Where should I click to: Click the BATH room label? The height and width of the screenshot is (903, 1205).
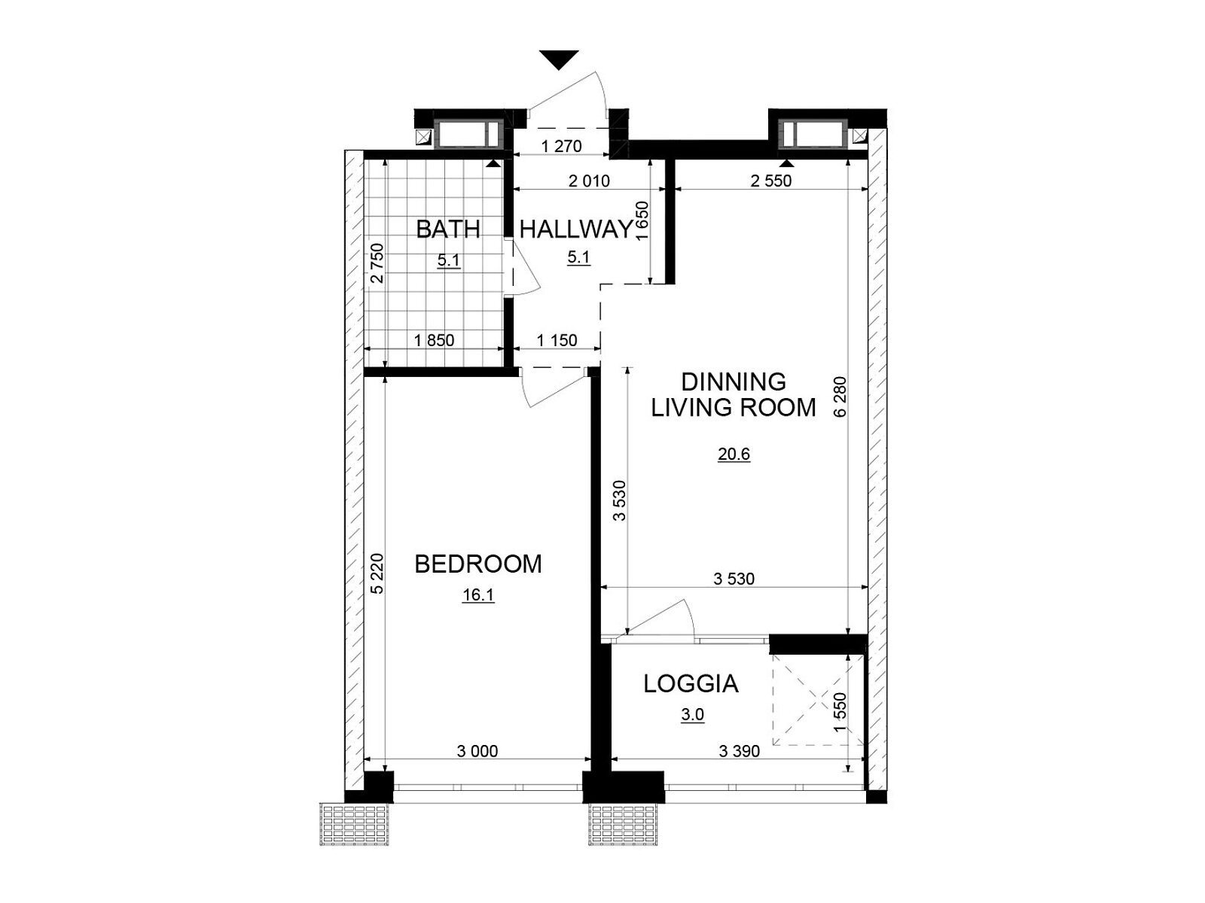[x=448, y=230]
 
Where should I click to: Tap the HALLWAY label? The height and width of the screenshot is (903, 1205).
[x=576, y=230]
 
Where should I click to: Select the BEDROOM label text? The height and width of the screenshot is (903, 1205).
[x=477, y=564]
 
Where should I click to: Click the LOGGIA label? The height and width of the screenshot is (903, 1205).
[x=691, y=684]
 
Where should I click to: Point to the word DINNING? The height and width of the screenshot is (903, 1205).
[x=734, y=382]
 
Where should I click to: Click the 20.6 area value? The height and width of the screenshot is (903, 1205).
[x=734, y=455]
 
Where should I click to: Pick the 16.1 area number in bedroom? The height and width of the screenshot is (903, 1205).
[x=478, y=595]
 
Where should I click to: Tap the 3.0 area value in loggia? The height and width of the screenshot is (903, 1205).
[x=692, y=715]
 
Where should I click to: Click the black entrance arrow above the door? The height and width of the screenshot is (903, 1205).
[x=559, y=59]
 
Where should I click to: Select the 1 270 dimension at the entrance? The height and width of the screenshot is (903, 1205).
[x=561, y=147]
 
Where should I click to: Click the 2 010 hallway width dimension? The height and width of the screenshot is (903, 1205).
[x=589, y=181]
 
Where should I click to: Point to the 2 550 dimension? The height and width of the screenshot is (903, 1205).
[x=771, y=181]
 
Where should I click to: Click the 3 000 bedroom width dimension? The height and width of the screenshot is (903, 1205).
[x=477, y=750]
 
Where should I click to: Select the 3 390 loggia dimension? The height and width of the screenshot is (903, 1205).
[x=740, y=750]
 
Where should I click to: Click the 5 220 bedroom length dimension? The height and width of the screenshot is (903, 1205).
[x=377, y=573]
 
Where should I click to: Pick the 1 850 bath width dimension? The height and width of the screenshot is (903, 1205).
[x=434, y=340]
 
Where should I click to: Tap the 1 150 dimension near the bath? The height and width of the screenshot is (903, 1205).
[x=557, y=340]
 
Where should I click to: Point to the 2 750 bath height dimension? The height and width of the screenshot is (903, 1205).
[x=377, y=263]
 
